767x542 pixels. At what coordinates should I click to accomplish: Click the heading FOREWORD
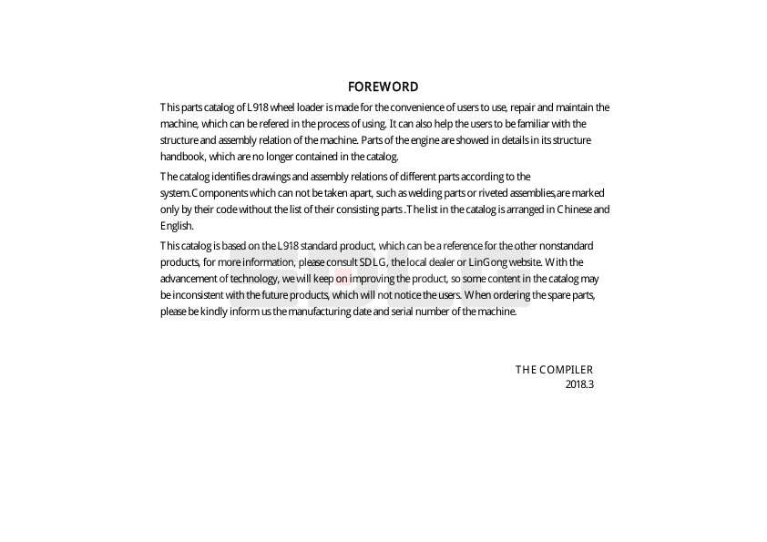[383, 87]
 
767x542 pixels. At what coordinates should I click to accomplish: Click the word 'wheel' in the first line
[282, 107]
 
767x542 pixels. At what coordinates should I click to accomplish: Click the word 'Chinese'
[573, 210]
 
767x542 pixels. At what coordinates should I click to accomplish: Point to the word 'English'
[176, 226]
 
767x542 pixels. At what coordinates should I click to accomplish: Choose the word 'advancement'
[188, 279]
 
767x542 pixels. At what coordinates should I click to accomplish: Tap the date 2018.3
[579, 384]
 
